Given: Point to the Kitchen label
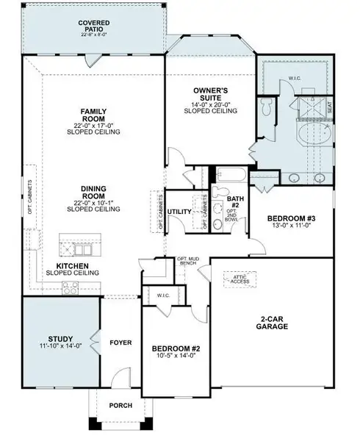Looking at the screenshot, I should (73, 265).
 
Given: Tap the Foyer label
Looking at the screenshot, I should (120, 343).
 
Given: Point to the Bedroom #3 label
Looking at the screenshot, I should (291, 218).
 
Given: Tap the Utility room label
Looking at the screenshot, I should (180, 212).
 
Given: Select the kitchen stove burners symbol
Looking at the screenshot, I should (70, 288).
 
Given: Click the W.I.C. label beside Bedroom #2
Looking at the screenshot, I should (163, 296).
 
